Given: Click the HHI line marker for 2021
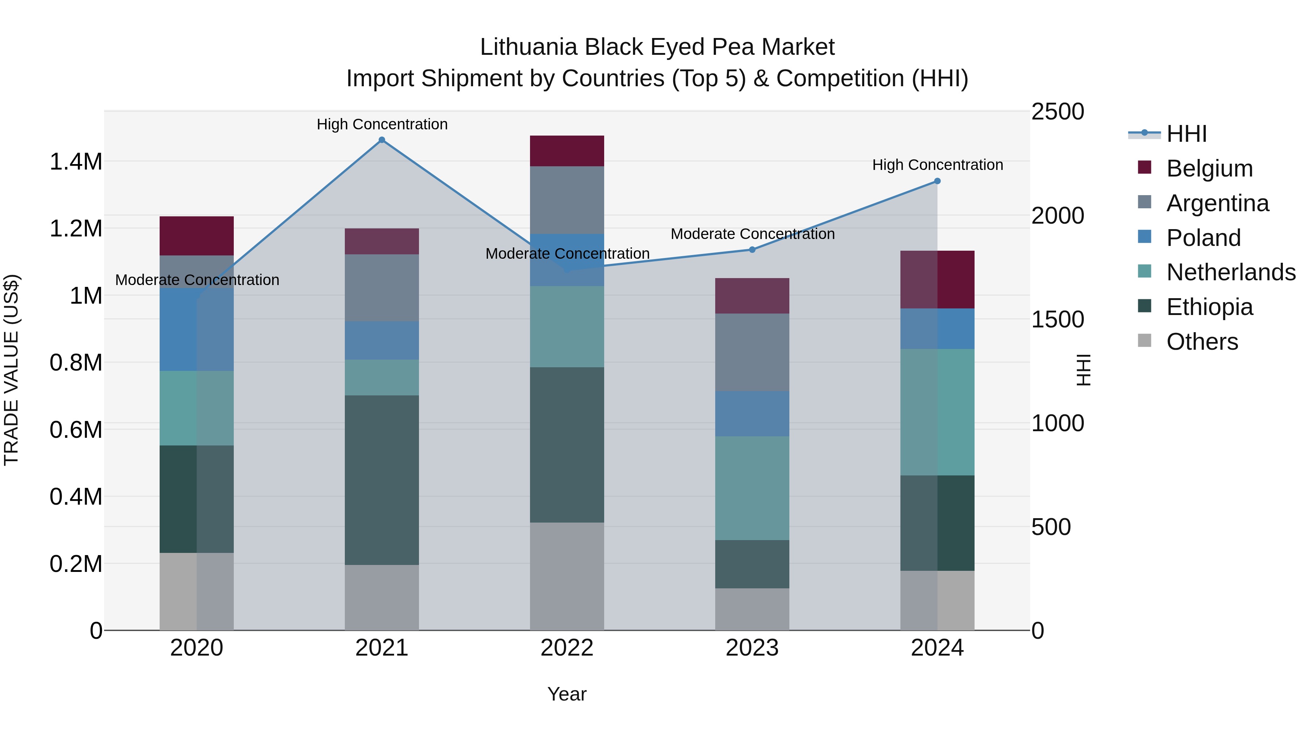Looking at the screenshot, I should tap(382, 140).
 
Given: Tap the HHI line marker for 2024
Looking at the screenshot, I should tap(937, 181).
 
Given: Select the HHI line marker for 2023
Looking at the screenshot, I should tap(752, 250).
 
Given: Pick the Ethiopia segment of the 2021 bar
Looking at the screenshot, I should tap(382, 480).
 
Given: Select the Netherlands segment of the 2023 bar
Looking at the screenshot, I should tap(752, 488).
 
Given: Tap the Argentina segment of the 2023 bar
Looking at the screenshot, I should tap(752, 352).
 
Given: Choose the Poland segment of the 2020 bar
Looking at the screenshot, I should tap(197, 329).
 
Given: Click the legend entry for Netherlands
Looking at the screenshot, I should tap(1231, 272).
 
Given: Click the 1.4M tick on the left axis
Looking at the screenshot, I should tap(76, 162).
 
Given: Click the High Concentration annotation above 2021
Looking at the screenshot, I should tap(382, 124).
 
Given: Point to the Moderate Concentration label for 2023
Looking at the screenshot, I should tap(752, 234).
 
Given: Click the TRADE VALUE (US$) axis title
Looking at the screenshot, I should tap(11, 370).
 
